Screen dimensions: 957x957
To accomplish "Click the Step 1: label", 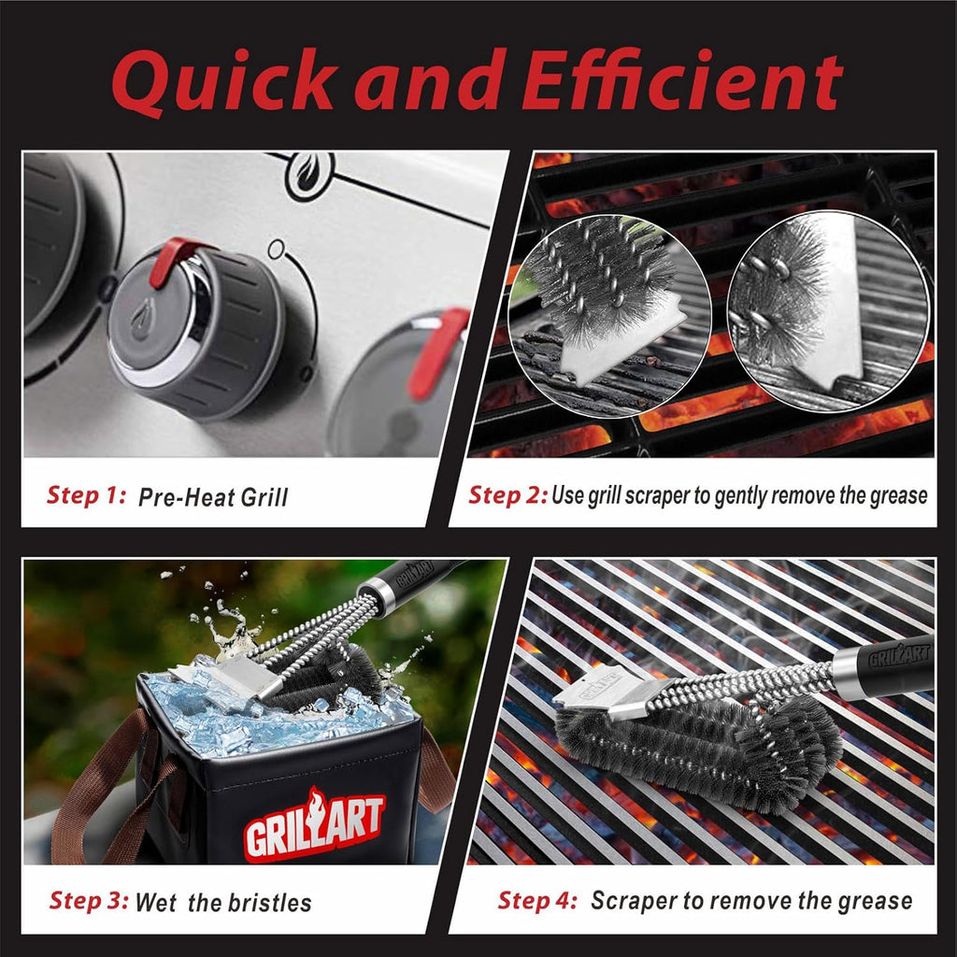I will (x=86, y=495).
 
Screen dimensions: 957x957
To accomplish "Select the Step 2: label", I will (x=507, y=494).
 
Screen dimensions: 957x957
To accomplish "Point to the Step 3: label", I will (x=89, y=901).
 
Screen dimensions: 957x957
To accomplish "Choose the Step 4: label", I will (x=536, y=900).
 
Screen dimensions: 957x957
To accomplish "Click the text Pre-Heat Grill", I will (x=213, y=496).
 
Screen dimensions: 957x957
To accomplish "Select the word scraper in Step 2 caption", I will (x=650, y=495).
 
